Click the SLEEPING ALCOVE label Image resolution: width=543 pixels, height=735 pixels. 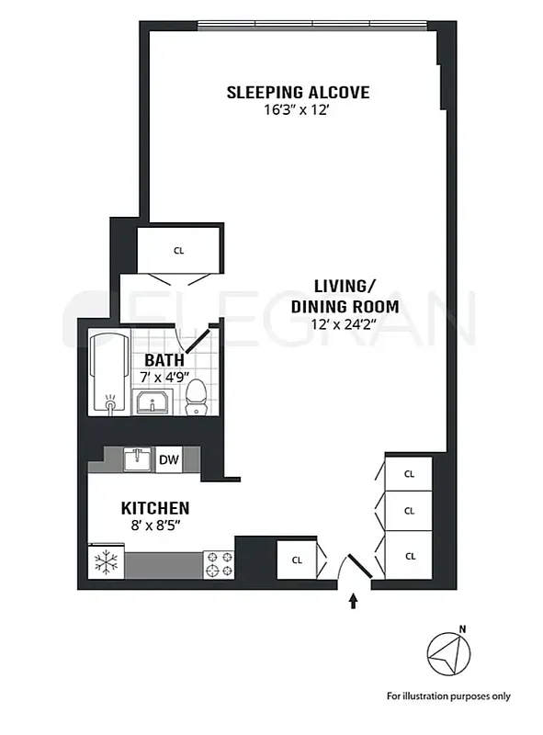point(298,92)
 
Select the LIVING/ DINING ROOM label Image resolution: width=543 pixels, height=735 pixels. point(344,296)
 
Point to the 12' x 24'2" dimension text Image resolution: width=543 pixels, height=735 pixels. point(344,325)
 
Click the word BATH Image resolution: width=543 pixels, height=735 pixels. point(164,360)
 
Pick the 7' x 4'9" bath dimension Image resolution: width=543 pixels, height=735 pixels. point(164,377)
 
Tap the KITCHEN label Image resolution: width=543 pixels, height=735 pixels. point(155,508)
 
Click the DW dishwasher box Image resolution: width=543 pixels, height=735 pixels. point(168,459)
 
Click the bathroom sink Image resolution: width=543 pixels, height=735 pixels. point(153,401)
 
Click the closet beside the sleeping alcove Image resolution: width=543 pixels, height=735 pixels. point(178,249)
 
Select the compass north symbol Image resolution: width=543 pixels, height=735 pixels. point(448,654)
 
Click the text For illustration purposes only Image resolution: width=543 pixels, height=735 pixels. point(447,695)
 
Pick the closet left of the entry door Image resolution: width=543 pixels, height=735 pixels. point(297,559)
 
